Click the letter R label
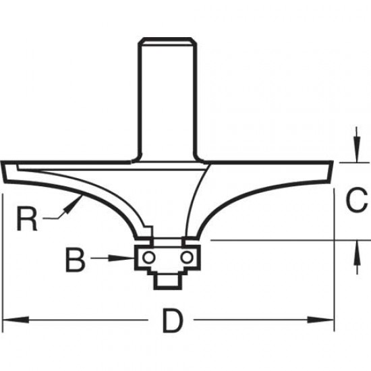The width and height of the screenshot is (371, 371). pyautogui.click(x=26, y=220)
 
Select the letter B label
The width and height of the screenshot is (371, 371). pyautogui.click(x=76, y=258)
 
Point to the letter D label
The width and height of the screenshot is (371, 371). pyautogui.click(x=173, y=322)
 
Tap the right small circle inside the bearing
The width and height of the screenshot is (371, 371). pyautogui.click(x=185, y=257)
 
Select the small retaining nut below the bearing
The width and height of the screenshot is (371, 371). pyautogui.click(x=167, y=279)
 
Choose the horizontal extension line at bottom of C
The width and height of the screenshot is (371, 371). pyautogui.click(x=270, y=240)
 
